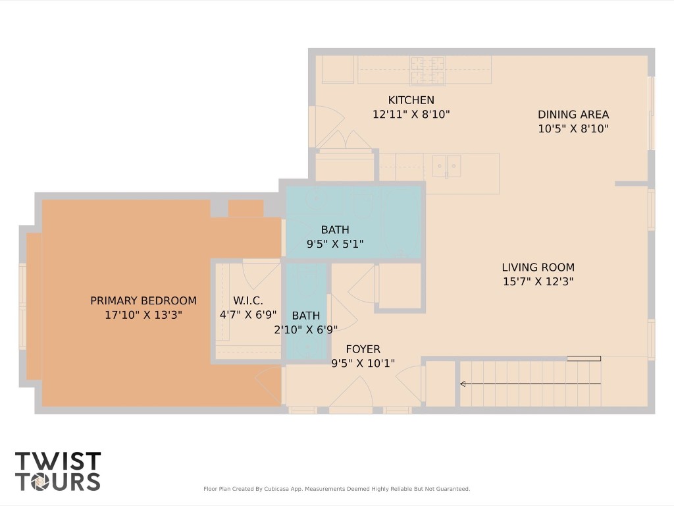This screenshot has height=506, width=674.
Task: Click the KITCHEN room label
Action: [411, 100]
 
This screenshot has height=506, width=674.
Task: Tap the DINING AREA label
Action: [573, 115]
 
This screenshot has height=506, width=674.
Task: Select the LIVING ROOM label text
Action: [538, 267]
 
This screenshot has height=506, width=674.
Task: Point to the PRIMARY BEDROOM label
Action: [143, 300]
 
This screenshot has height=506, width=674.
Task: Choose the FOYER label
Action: [363, 349]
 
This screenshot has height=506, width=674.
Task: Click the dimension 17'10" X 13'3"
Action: [143, 315]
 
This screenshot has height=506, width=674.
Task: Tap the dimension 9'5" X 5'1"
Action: [335, 244]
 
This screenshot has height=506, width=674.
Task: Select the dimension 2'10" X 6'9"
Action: [305, 330]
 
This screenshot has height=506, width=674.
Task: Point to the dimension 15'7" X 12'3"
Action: [538, 282]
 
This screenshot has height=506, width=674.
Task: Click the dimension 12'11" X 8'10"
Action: [411, 114]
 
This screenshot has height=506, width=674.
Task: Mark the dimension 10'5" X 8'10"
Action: [573, 129]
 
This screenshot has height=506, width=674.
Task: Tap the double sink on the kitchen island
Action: [446, 165]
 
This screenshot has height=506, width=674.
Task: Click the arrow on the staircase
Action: [464, 383]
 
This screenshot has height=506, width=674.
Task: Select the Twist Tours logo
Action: [58, 471]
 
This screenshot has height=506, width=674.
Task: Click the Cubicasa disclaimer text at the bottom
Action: [336, 489]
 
